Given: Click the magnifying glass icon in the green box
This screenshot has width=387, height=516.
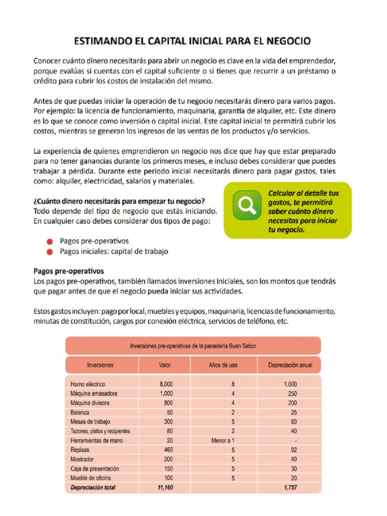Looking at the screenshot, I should click(247, 205).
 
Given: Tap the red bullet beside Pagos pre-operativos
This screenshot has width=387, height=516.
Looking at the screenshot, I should click(49, 241).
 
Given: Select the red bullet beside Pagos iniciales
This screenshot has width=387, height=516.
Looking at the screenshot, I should click(49, 251).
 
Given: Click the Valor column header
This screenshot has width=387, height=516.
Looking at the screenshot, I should click(165, 365).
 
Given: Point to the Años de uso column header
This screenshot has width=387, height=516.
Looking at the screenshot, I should click(223, 365).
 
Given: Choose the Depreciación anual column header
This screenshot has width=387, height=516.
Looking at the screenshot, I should click(290, 365).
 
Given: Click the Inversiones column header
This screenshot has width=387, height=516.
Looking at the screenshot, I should click(100, 365).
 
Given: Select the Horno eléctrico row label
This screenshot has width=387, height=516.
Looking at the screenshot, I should click(88, 384).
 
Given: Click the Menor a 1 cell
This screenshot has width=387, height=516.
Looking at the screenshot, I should click(223, 440).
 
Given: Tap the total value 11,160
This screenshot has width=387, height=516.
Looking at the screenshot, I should click(165, 487).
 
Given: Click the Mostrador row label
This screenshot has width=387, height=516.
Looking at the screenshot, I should click(83, 460).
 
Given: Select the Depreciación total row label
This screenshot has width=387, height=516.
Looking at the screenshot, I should click(94, 487).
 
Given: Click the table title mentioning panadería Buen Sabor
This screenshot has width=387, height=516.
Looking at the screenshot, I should click(193, 346).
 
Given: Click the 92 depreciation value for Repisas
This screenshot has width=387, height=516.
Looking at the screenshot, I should click(293, 450).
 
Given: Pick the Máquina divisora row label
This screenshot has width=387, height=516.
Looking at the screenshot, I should click(90, 403).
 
